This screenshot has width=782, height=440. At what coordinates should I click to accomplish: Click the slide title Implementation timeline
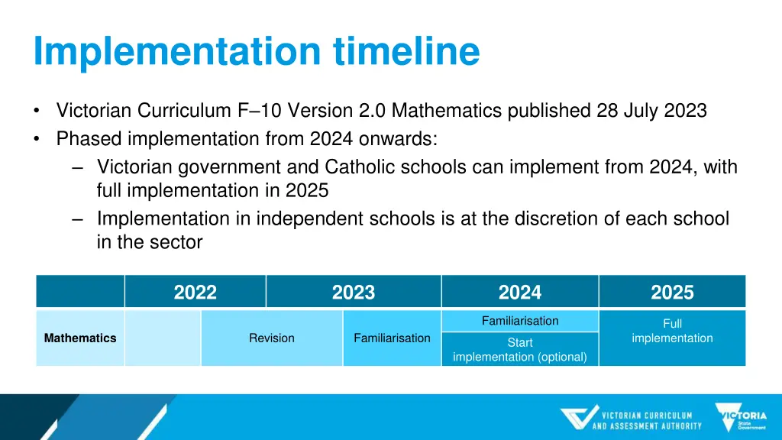coord(257,52)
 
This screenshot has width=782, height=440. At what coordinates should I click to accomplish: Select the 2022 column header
coord(195,293)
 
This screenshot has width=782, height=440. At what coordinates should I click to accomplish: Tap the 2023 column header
coord(354,293)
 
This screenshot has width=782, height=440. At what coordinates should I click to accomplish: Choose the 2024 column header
coord(520,293)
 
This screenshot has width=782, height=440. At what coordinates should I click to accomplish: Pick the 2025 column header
coord(672,293)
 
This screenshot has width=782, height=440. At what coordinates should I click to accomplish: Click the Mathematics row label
coord(80,338)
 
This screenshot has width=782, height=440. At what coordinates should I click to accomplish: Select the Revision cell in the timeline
coord(271,338)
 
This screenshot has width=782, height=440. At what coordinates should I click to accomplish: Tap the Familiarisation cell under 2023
coord(392,338)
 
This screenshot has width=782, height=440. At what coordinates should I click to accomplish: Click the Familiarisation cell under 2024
coord(520,321)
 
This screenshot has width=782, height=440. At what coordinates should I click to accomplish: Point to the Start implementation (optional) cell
coord(520,350)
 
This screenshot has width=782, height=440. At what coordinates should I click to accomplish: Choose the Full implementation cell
coord(672,331)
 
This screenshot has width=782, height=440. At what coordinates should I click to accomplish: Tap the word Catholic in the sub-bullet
coord(357,167)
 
